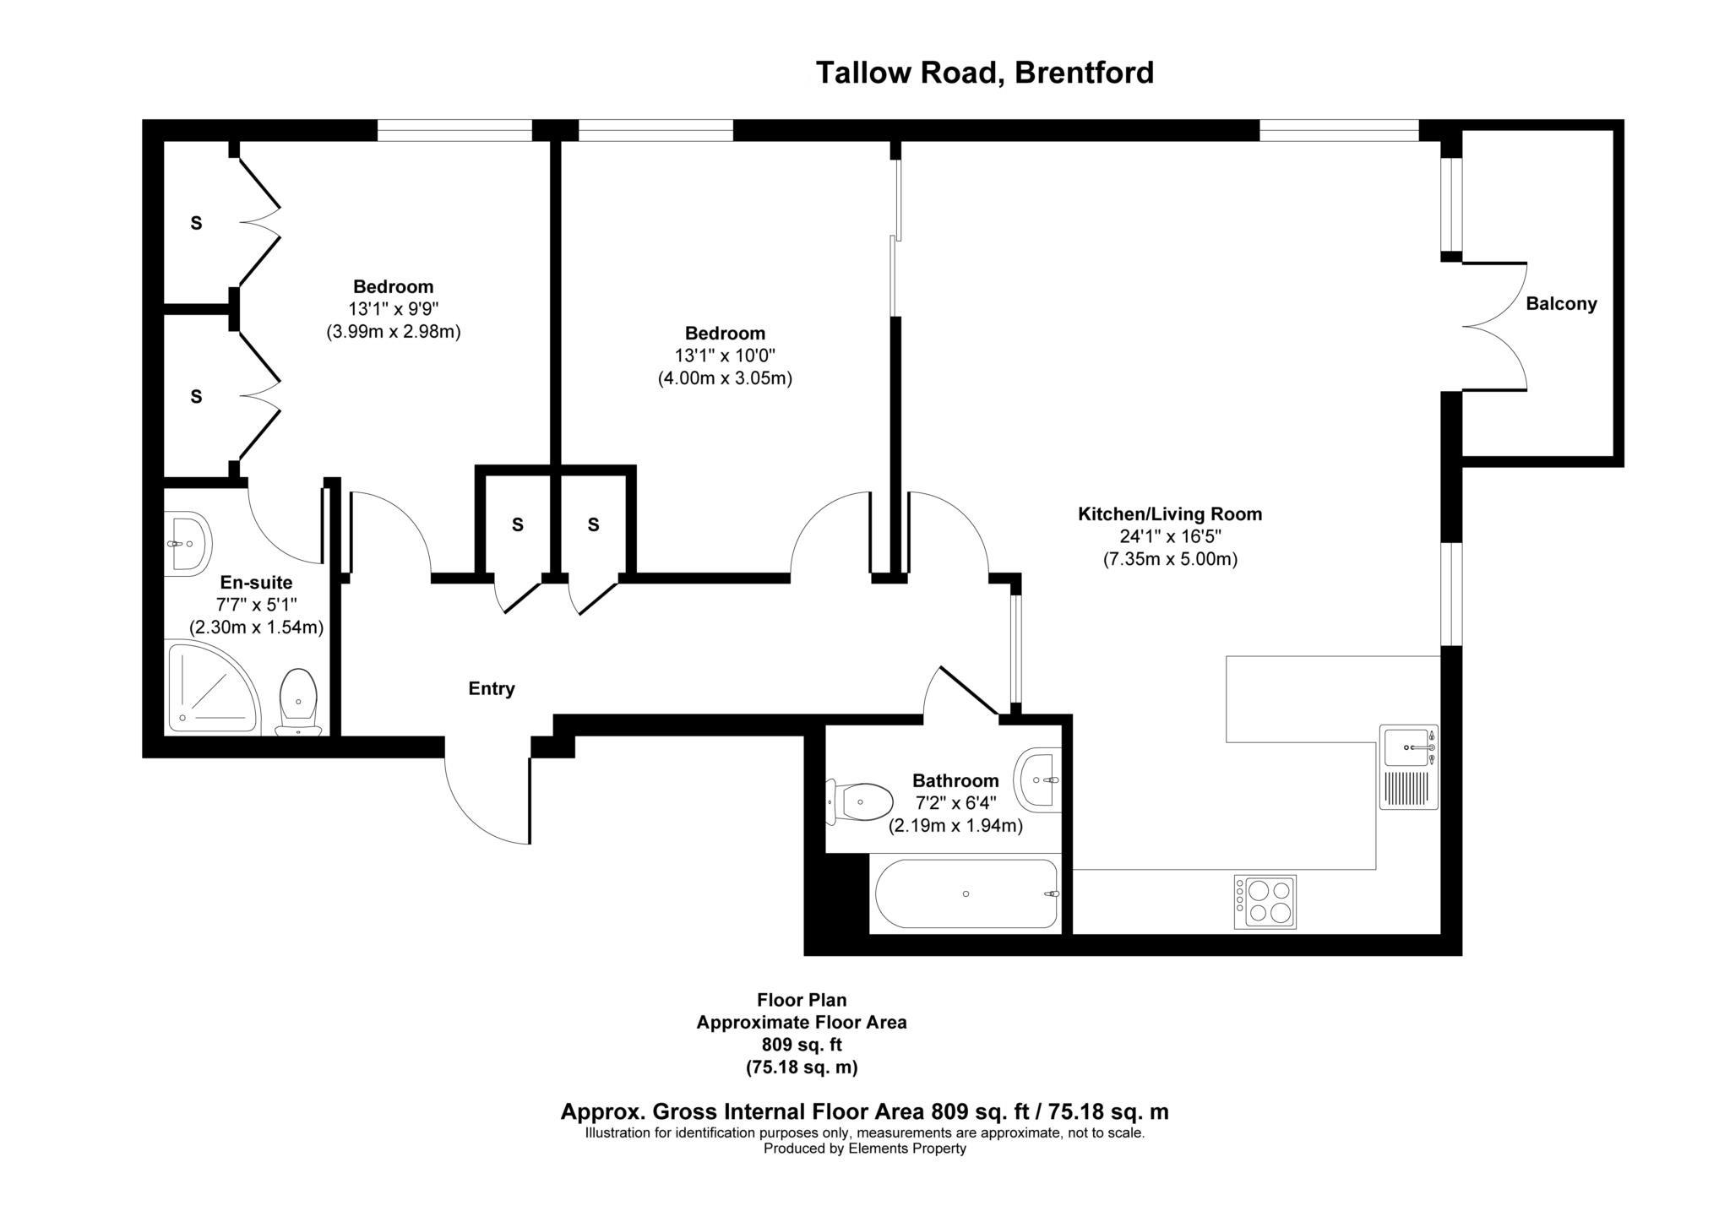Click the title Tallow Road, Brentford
coord(984,73)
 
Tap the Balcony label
coord(1560,304)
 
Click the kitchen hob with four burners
coord(1265,902)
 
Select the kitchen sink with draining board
coord(1408,767)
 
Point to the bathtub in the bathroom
coord(966,893)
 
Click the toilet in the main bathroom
coord(862,800)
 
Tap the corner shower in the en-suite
coord(210,688)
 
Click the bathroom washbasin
coord(1039,779)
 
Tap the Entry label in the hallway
coord(492,689)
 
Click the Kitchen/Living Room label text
coord(1169,514)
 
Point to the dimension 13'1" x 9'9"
coord(393,309)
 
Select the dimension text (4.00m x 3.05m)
coord(725,378)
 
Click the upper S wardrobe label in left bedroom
coord(196,224)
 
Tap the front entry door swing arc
coord(481,802)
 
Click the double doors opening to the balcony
coord(1495,327)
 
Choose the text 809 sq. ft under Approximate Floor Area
coord(801,1045)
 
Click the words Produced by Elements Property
coord(864,1149)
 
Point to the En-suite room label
coord(256,583)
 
